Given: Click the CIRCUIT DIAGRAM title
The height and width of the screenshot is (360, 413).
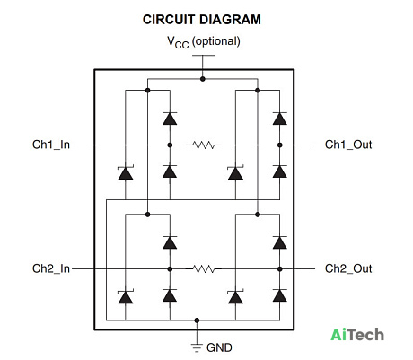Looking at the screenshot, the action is [202, 20].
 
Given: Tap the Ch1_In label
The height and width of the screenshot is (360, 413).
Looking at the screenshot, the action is [51, 145].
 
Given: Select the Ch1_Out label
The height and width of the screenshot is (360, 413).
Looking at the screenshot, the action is [348, 145].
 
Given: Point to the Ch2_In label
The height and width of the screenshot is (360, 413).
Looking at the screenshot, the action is [51, 268].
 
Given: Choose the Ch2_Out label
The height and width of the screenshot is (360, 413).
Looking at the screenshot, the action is [348, 268].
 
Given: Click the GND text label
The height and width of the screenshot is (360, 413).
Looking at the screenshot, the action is [219, 347].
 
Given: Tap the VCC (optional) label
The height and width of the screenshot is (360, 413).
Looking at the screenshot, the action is [204, 41].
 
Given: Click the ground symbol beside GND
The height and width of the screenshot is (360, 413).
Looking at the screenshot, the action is [197, 348].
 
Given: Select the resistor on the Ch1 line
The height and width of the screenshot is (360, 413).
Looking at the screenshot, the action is [204, 145].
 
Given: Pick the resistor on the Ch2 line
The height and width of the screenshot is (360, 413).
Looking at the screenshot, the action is [204, 269].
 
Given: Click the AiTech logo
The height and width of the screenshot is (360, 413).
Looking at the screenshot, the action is [357, 335].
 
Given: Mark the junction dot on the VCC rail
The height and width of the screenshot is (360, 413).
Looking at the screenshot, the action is [203, 79].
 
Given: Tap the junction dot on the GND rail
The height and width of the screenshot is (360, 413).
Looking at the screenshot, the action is [197, 320].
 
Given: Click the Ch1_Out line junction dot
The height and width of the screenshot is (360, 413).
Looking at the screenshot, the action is [280, 145].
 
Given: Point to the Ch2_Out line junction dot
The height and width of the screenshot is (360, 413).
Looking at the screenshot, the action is [280, 269].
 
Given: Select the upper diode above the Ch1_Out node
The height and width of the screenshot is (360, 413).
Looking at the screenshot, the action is [280, 119].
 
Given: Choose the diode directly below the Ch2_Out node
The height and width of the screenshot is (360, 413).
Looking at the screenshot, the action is [280, 295].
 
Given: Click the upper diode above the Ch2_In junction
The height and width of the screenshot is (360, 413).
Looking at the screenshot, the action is [170, 242].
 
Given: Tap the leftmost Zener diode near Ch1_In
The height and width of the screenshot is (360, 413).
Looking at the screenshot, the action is [126, 172].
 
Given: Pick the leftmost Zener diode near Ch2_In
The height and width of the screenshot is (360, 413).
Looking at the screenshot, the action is [126, 297].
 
